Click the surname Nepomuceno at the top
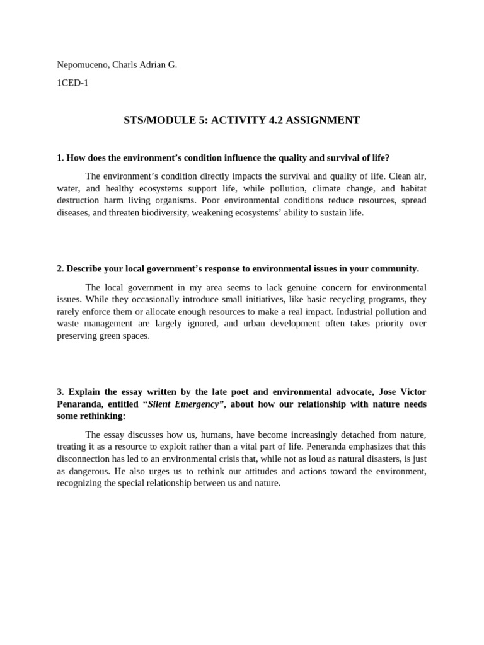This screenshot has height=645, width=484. pyautogui.click(x=81, y=64)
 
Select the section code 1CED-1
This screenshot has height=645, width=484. pyautogui.click(x=72, y=83)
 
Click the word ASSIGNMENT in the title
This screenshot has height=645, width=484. pyautogui.click(x=323, y=120)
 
